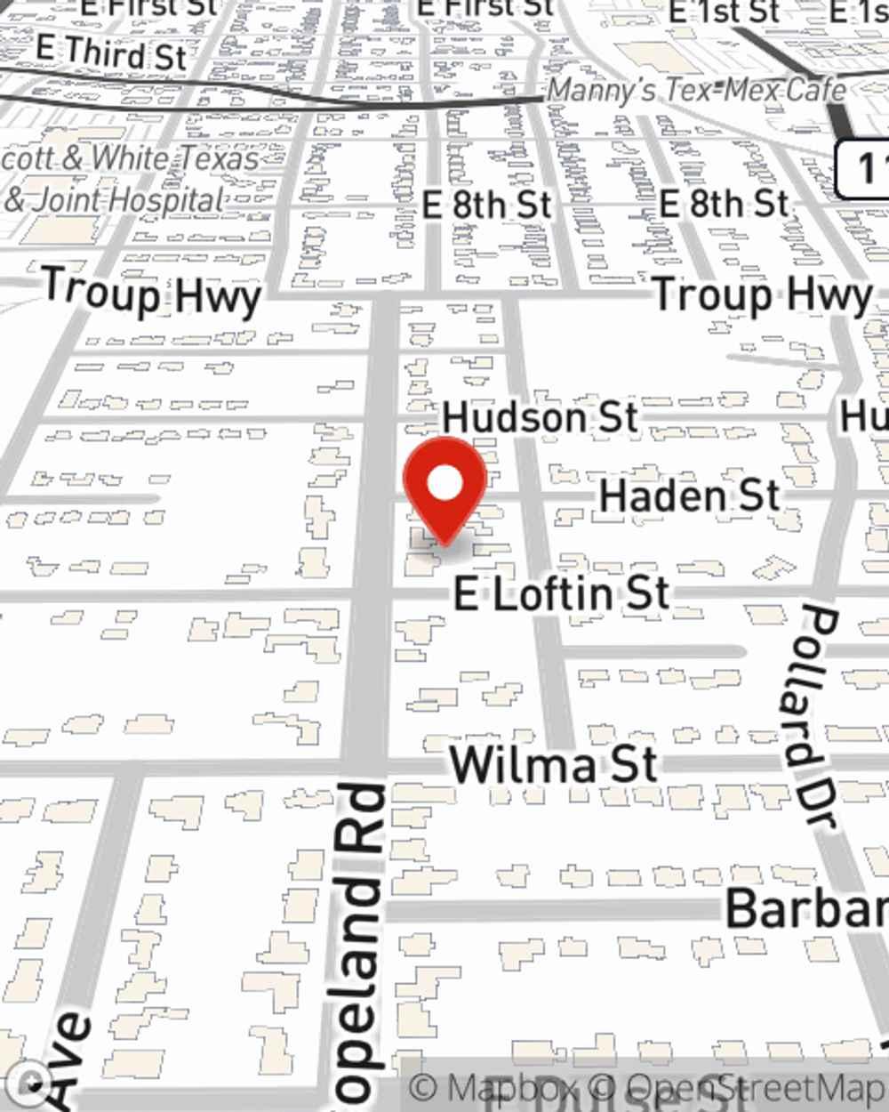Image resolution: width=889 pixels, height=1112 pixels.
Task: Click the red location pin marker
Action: point(444,489)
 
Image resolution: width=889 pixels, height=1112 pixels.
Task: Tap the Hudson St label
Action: point(541,417)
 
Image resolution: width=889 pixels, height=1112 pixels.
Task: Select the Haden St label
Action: point(690,496)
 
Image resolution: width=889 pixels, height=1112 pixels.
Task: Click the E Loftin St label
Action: point(561,593)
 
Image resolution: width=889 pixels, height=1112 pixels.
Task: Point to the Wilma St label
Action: point(553,765)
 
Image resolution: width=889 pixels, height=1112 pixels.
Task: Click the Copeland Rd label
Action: point(360,943)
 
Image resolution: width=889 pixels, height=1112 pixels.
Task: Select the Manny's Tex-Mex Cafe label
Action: point(695,90)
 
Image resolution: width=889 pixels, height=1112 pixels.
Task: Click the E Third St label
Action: point(112,52)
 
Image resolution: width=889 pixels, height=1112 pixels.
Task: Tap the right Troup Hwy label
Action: point(763,294)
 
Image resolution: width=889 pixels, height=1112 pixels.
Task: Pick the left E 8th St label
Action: point(486,205)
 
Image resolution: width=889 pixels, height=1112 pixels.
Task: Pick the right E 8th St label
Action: point(724,204)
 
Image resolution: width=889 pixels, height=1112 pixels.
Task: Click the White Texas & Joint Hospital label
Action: point(129,179)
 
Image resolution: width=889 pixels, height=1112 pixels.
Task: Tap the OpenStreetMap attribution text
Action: point(756,1087)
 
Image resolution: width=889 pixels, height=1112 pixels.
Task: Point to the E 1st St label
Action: point(724,12)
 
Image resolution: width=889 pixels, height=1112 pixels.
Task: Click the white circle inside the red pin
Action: point(445,484)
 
